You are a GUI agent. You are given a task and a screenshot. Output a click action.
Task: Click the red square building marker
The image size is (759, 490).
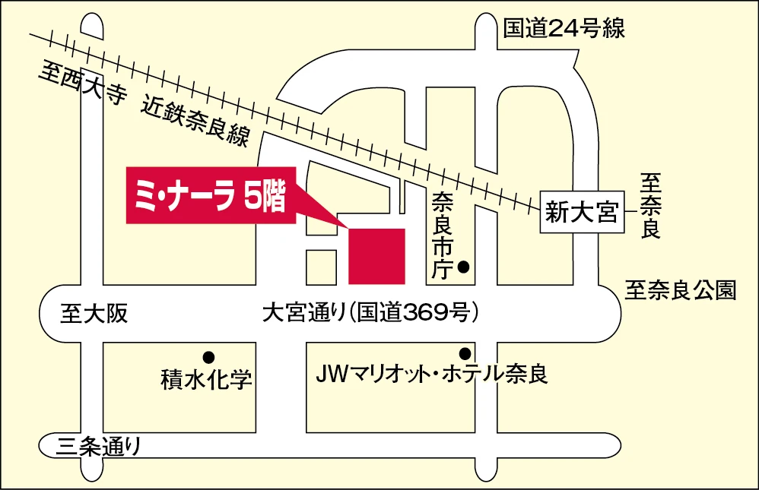376,254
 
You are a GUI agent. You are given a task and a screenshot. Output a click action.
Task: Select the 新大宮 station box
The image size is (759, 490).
582,212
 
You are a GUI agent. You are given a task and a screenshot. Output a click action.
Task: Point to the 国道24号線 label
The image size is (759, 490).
564,29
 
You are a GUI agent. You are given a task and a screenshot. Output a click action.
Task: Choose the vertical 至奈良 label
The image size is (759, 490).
650,206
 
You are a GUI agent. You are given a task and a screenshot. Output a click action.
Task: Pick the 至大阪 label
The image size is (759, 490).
94,313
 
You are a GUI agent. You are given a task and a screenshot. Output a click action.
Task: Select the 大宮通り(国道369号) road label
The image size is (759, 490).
370,312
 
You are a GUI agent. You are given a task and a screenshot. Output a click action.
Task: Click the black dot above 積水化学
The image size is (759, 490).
207,356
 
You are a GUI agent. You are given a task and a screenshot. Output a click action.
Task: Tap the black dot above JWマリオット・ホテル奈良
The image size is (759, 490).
464,353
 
